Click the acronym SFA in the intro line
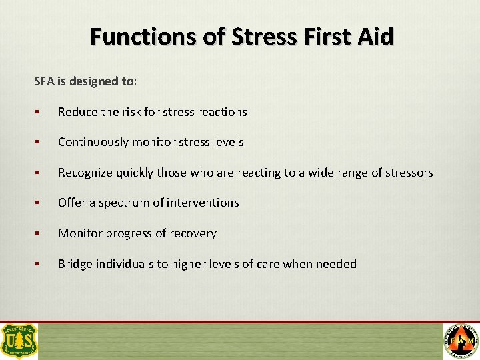(43, 81)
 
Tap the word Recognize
(85, 173)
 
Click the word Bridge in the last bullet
(75, 264)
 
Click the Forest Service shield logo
(19, 341)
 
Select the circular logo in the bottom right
(460, 341)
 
